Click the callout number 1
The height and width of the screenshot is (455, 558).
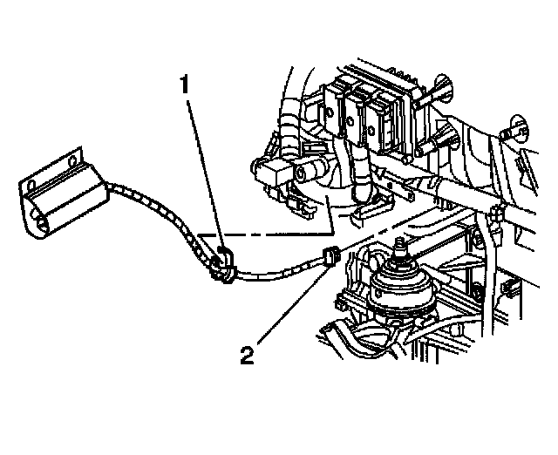[185, 85]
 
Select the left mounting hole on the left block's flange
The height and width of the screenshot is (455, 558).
[32, 186]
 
